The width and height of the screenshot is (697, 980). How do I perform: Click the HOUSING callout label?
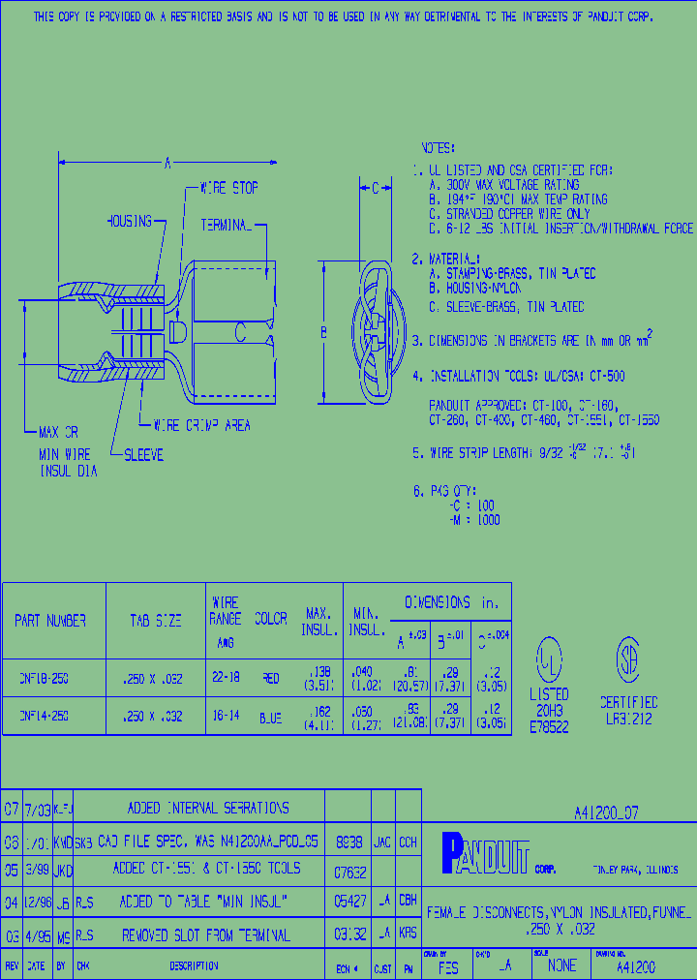[129, 222]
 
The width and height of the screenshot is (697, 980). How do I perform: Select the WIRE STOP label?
[228, 188]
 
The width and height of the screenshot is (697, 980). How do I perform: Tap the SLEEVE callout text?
[142, 454]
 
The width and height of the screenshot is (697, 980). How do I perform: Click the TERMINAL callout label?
[226, 225]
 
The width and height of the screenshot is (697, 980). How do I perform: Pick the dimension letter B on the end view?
[324, 332]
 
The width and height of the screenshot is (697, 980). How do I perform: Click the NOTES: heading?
[438, 148]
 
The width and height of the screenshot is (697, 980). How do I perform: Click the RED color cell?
[271, 679]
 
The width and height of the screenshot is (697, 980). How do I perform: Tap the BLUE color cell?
[271, 718]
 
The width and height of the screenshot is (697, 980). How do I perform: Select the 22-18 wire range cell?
[226, 679]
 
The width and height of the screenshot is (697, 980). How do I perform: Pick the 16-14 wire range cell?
[226, 718]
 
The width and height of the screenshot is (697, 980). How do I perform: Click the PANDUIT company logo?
[485, 854]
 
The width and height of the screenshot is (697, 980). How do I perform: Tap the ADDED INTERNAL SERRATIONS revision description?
[208, 808]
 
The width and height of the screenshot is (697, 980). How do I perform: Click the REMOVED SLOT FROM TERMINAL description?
[205, 935]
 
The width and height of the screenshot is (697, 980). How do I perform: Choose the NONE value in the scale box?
[561, 965]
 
